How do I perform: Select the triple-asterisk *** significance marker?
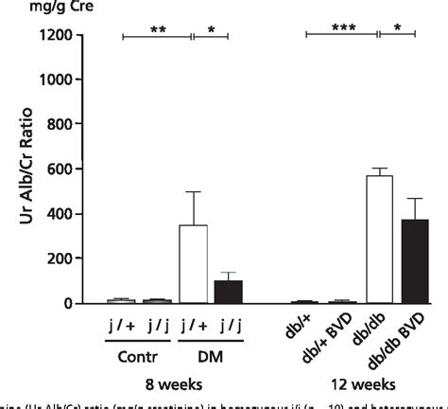[x=340, y=29]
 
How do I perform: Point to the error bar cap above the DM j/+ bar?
[x=193, y=192]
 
